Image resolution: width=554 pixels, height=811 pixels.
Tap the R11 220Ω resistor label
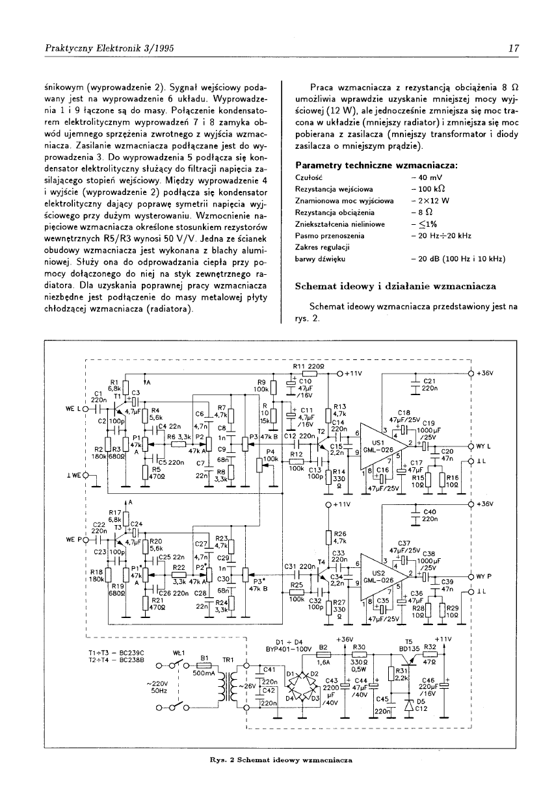click(304, 367)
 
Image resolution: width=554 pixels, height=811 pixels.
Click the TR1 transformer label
click(228, 660)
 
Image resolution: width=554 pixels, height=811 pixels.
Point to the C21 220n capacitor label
click(430, 385)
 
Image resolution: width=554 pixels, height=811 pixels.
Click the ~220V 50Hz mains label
click(157, 687)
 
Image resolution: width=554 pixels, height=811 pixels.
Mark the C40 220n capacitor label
click(430, 515)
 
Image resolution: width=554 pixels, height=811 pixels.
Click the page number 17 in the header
click(513, 48)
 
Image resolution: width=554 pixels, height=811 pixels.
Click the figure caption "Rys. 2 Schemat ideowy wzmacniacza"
click(276, 759)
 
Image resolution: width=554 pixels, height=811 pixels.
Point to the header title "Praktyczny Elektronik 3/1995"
click(109, 48)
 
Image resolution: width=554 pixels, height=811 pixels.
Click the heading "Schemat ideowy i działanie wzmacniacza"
click(395, 286)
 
